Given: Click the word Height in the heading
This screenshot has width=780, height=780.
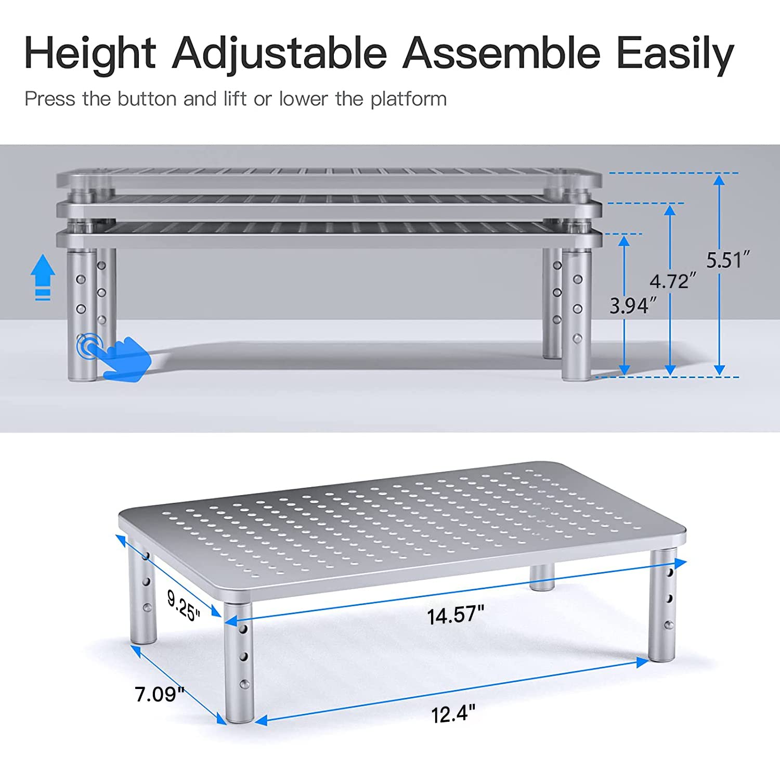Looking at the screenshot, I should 89,54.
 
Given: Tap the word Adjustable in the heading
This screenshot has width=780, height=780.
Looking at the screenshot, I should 279,54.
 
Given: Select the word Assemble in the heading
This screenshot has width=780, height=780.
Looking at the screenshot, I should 501,54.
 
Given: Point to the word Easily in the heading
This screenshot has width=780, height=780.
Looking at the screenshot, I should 674,54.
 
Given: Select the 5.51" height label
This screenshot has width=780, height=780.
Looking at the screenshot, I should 728,260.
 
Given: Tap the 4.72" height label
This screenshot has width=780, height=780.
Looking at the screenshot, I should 672,281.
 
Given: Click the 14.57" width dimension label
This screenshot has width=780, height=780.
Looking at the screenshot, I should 455,615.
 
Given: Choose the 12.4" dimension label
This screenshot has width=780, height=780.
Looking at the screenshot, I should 453,713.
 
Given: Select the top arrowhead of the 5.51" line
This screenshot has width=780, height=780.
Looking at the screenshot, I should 719,180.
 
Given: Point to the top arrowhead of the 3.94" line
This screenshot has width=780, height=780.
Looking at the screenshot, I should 625,241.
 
